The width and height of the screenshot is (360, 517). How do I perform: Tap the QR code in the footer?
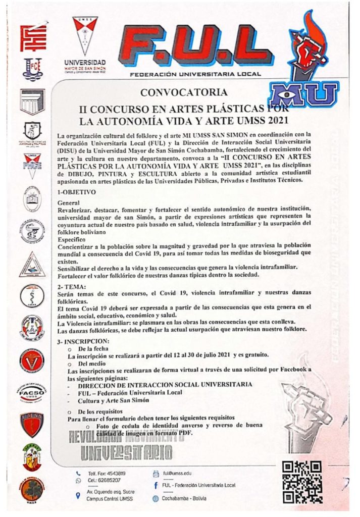tap(302, 482)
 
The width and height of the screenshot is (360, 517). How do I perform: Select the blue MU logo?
tap(303, 94)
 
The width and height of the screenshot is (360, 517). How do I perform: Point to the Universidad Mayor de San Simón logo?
tap(85, 43)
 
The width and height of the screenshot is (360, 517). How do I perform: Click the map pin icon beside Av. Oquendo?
tap(78, 496)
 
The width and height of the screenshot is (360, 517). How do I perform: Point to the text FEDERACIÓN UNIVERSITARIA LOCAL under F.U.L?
tap(195, 74)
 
